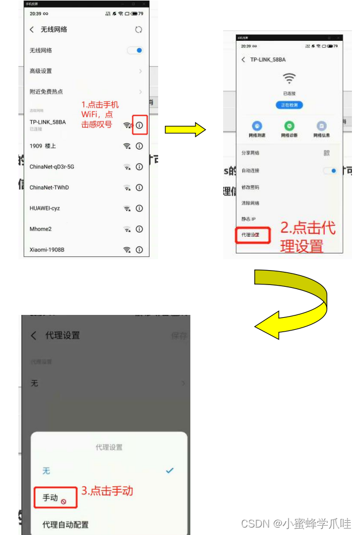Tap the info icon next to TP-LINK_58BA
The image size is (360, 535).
click(x=139, y=125)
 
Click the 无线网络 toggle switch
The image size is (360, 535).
click(x=135, y=51)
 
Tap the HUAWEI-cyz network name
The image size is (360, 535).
click(x=45, y=209)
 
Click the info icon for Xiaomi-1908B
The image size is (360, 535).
click(x=139, y=250)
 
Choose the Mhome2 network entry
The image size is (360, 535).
click(x=41, y=229)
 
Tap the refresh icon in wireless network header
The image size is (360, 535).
click(x=138, y=30)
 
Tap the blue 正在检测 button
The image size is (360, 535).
click(x=289, y=105)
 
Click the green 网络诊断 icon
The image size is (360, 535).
click(x=289, y=126)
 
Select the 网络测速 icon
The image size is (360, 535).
click(x=257, y=126)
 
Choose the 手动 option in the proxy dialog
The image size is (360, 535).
click(x=51, y=498)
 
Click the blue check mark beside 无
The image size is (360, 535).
click(x=170, y=471)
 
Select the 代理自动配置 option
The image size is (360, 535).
click(x=66, y=525)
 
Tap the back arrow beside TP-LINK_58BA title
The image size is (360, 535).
click(x=243, y=60)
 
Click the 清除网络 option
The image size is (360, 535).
click(x=250, y=203)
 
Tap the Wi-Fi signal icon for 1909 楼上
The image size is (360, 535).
click(x=127, y=146)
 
